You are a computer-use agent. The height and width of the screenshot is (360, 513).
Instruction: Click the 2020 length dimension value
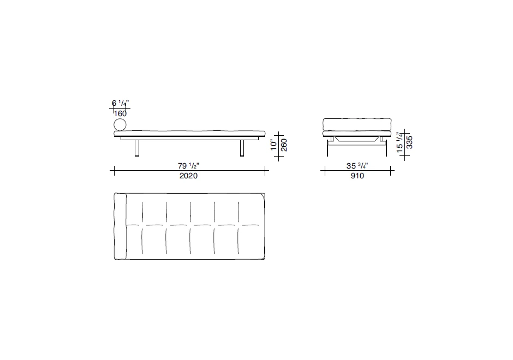(188, 176)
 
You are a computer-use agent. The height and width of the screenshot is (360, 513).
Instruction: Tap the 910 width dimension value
(357, 176)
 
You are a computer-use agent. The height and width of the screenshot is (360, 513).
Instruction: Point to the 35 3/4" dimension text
(358, 165)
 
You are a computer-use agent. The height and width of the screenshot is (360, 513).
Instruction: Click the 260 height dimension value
(284, 145)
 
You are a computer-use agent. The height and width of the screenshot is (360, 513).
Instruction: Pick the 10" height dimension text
(274, 145)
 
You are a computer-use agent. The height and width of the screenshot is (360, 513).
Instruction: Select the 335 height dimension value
(410, 143)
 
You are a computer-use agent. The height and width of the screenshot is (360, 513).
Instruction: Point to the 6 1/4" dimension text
(120, 103)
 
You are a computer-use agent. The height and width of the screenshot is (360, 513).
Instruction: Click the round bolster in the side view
(120, 125)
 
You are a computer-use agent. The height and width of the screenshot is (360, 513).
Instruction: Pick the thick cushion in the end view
(357, 124)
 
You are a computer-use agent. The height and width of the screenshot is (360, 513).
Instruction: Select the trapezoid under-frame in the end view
(357, 140)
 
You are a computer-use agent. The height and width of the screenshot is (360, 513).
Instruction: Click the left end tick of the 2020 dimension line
(114, 171)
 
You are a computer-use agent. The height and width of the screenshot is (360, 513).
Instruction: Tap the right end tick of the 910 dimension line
(391, 171)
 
